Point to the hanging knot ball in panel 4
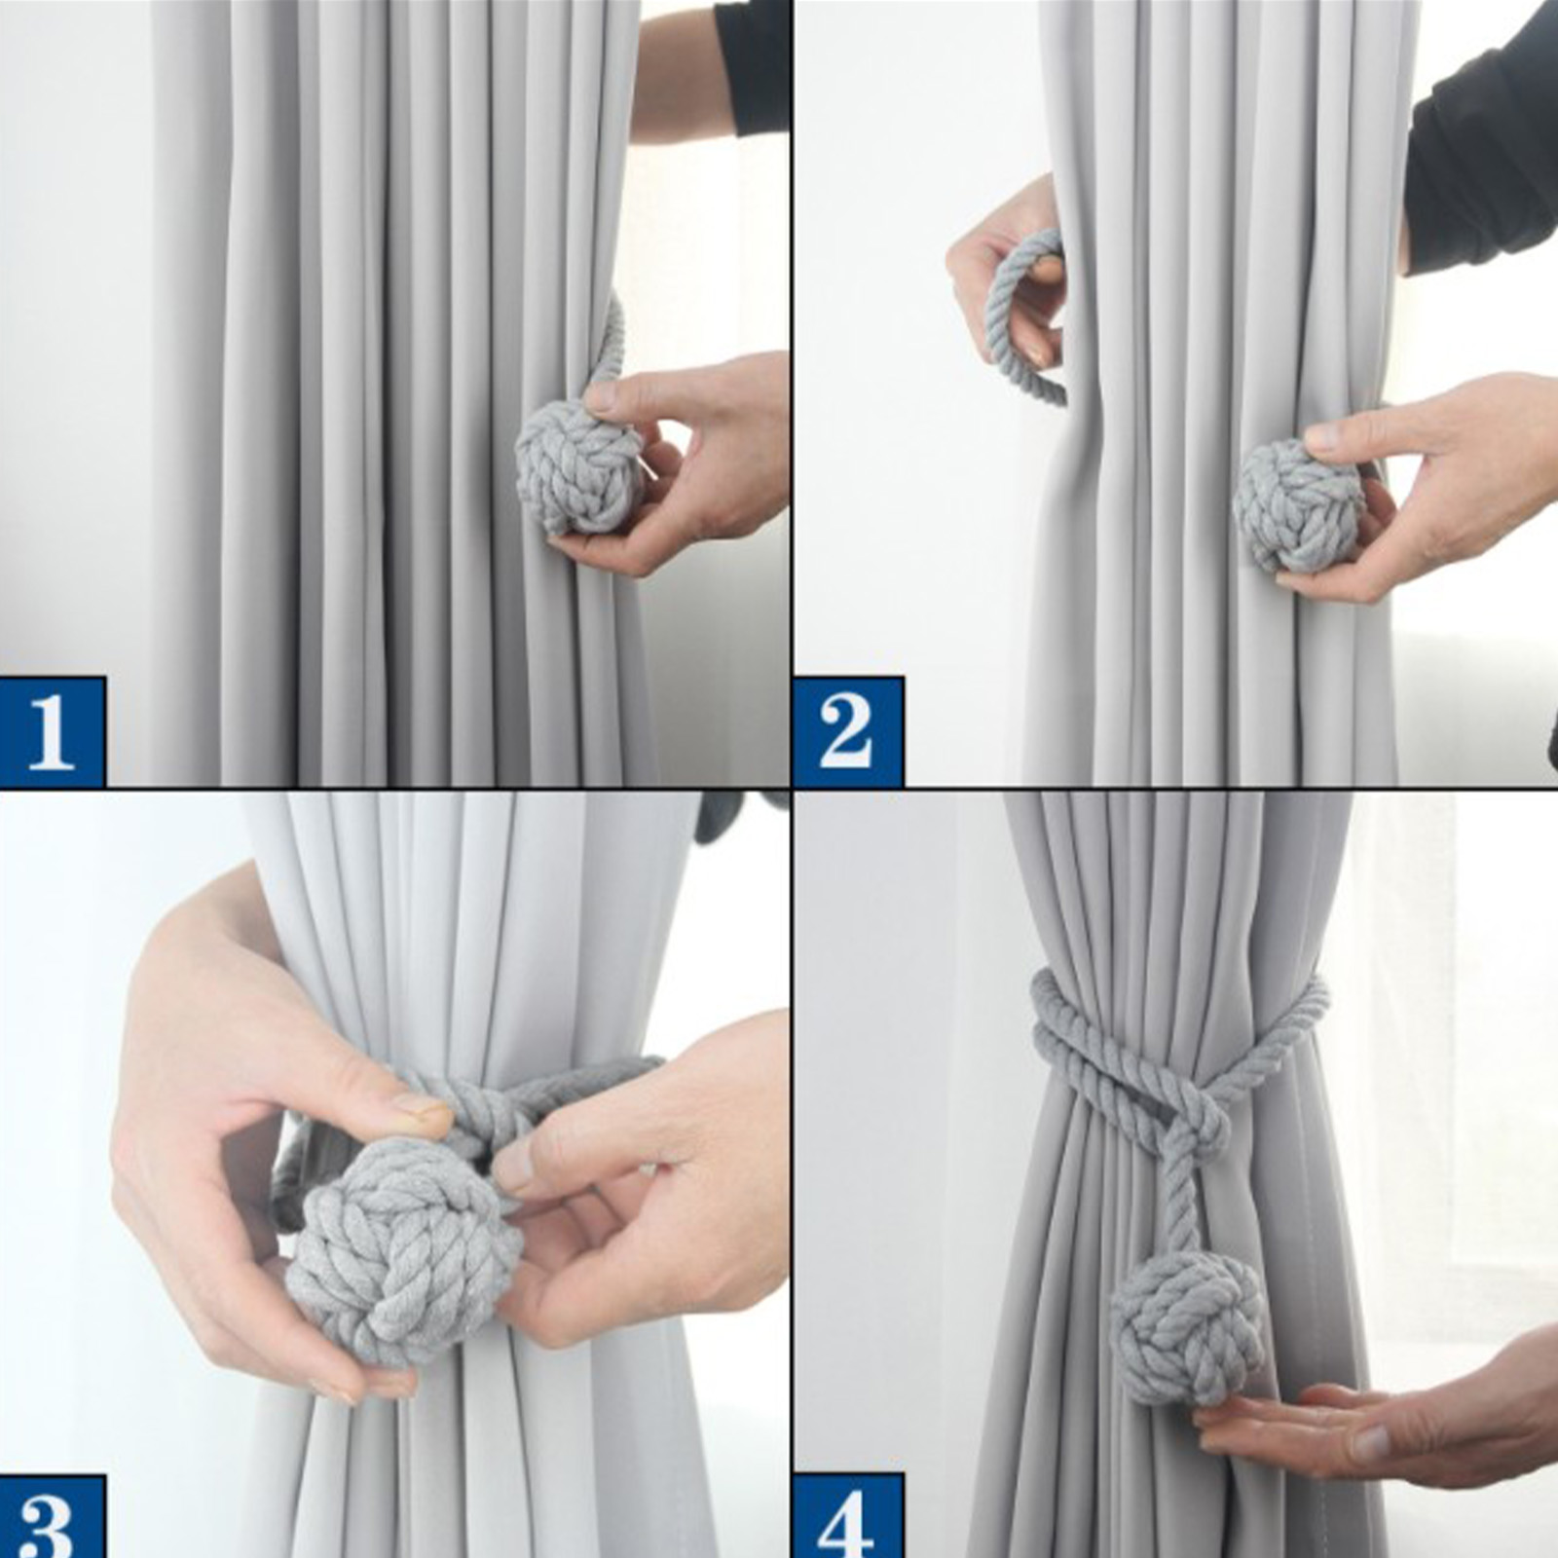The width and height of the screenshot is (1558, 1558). tap(1188, 1328)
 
